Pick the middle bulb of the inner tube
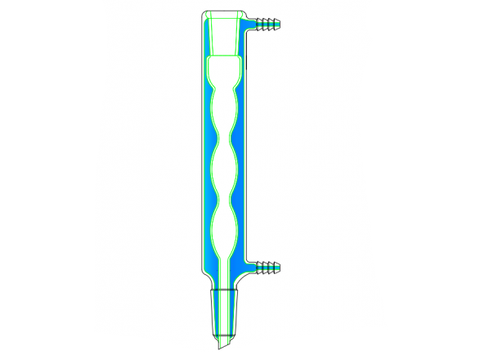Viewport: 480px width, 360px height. click(x=224, y=171)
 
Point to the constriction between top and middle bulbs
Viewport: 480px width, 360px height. click(x=224, y=142)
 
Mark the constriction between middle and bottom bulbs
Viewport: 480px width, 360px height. click(x=224, y=201)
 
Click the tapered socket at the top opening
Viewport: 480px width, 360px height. click(x=224, y=34)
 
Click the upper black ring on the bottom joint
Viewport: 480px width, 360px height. click(x=224, y=291)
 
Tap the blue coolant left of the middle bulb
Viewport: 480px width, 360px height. click(x=205, y=171)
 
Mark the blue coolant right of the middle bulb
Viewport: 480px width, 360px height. click(x=243, y=171)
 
